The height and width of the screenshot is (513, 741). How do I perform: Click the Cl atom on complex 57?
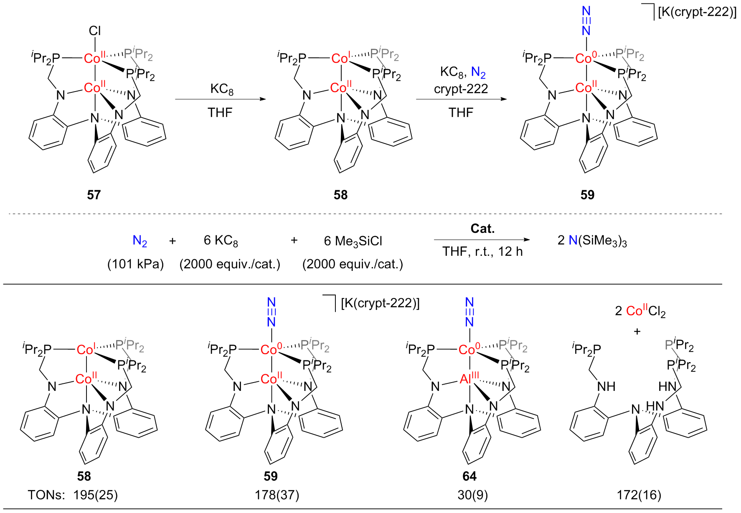[95, 31]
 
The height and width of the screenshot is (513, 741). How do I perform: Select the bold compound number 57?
[94, 195]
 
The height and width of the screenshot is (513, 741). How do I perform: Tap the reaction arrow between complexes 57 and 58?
[220, 99]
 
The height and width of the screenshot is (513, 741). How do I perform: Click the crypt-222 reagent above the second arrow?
[461, 89]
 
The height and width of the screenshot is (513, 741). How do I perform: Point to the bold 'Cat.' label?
[482, 229]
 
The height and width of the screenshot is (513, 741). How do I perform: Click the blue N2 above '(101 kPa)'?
[140, 241]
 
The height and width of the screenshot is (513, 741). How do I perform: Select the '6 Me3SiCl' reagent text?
[353, 241]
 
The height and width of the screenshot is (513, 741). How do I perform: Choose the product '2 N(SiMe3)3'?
[592, 241]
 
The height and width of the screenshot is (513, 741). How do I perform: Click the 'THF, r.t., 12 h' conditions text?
[482, 251]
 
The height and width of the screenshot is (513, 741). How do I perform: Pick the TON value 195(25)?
[96, 495]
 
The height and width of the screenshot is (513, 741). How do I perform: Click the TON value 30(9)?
[472, 495]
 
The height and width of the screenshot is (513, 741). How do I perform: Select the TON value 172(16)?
[639, 495]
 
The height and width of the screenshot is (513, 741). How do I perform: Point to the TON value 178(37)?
[277, 495]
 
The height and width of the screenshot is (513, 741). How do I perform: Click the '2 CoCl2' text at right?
[640, 311]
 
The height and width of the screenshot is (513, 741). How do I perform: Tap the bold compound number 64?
[469, 476]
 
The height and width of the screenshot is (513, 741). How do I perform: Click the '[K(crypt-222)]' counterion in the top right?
[697, 12]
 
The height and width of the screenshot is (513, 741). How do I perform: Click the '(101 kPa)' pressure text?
[136, 264]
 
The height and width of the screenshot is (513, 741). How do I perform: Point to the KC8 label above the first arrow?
[222, 89]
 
